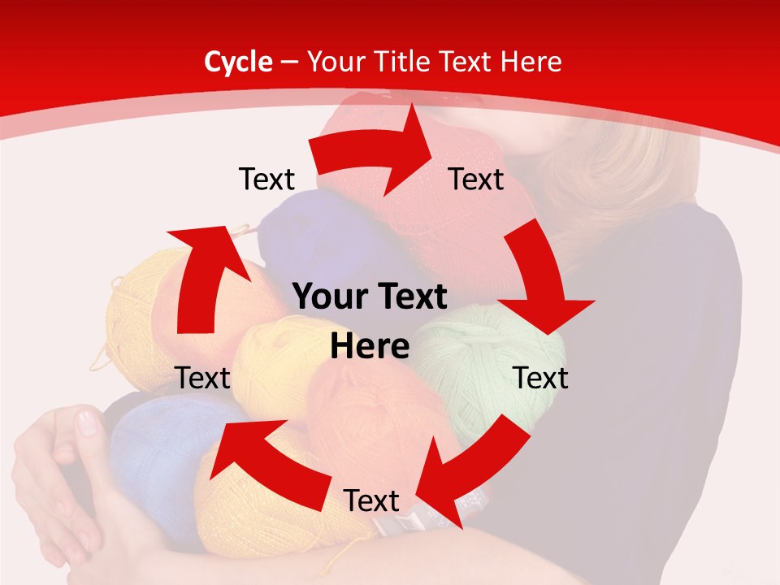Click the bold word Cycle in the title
238,62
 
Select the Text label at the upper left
266,179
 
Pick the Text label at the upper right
476,179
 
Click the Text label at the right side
540,378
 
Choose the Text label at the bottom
371,500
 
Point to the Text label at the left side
202,378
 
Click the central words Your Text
370,297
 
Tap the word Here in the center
370,347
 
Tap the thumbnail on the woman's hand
87,422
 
